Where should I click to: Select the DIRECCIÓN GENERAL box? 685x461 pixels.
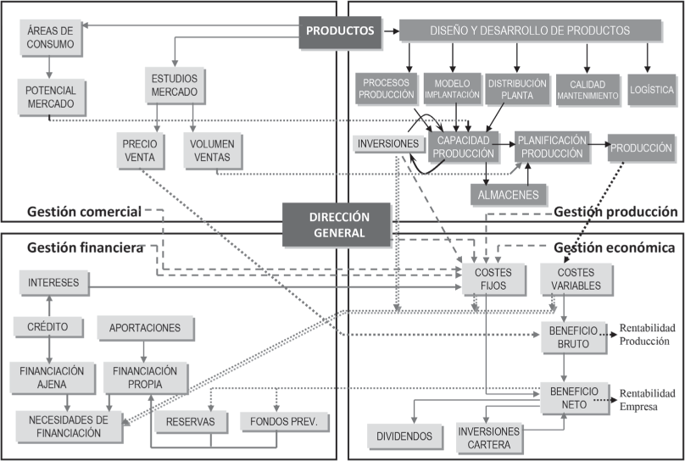tap(337, 223)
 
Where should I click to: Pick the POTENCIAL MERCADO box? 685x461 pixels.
tap(50, 97)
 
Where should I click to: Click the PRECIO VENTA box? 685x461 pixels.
tap(138, 150)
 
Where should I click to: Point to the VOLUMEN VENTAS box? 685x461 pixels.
tap(213, 150)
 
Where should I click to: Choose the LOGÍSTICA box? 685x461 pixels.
tap(651, 90)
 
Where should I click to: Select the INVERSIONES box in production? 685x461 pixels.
tap(387, 145)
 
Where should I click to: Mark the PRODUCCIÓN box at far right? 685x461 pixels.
tap(641, 147)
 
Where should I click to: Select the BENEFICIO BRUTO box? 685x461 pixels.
tap(574, 336)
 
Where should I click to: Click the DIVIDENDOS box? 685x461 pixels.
tap(405, 436)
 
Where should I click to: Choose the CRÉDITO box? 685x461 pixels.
tap(47, 326)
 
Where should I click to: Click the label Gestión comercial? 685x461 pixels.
tap(83, 212)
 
